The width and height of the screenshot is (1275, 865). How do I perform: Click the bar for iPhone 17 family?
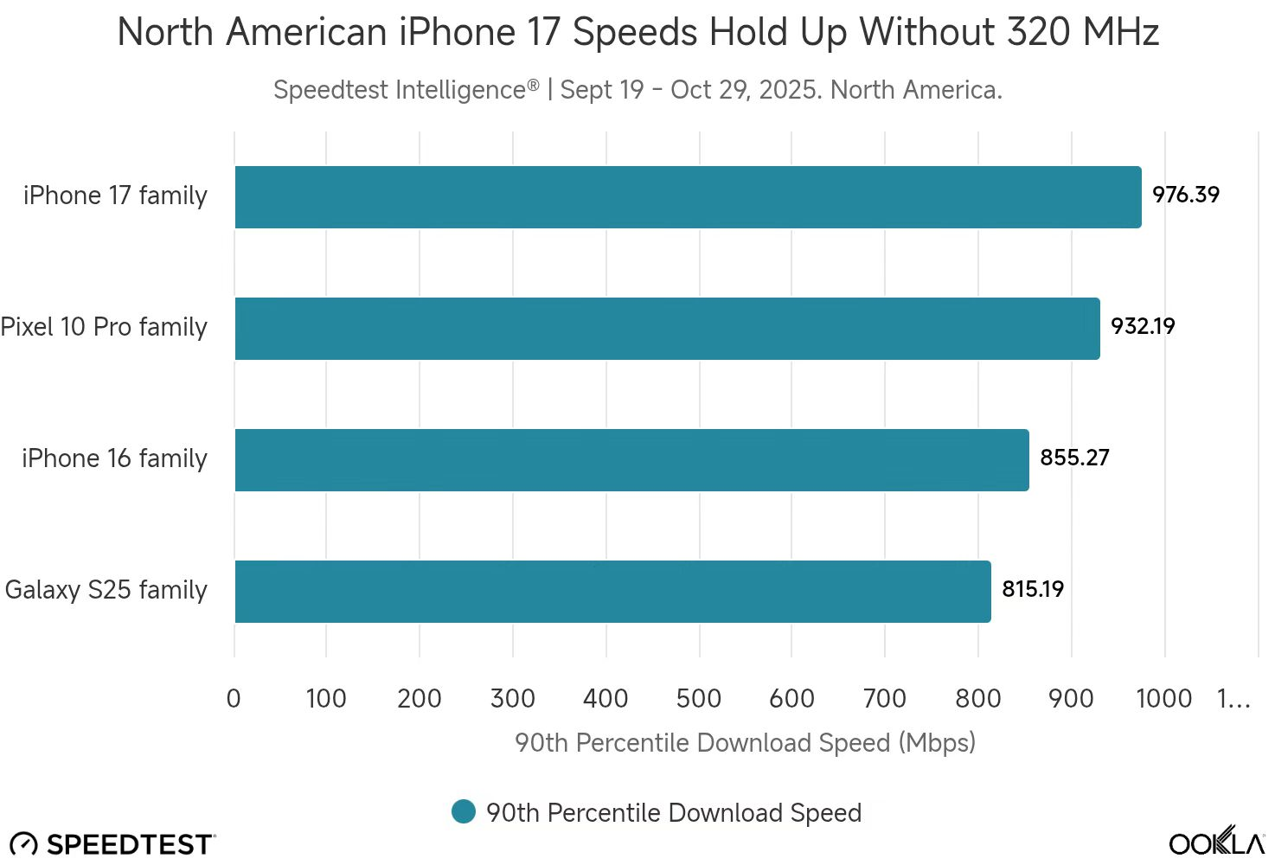pos(688,197)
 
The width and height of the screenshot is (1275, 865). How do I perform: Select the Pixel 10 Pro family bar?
pos(667,329)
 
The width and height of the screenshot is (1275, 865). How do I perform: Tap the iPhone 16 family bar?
pos(631,460)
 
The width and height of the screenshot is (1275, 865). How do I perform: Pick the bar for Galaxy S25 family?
pos(612,592)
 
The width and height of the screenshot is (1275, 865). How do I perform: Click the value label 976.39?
pos(1186,195)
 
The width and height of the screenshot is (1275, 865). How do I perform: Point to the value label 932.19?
pos(1143,326)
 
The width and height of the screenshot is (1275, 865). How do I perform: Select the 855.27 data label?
pos(1074,458)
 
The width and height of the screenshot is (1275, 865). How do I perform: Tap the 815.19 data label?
pos(1033,589)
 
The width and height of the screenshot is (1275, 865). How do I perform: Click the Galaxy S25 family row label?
pos(106,590)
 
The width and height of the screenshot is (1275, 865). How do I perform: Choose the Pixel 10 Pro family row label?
pos(104,327)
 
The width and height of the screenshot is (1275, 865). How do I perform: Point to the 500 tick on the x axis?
pos(699,698)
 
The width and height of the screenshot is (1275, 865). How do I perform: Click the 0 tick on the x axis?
pos(234,698)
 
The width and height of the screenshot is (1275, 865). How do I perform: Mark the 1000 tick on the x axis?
pos(1163,698)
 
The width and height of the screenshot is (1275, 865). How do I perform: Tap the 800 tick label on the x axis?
pos(977,698)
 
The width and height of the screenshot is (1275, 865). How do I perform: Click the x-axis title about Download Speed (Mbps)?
pos(745,743)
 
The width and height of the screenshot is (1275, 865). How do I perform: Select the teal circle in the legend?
pos(464,811)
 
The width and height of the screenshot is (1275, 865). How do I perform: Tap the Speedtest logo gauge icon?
pos(23,844)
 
